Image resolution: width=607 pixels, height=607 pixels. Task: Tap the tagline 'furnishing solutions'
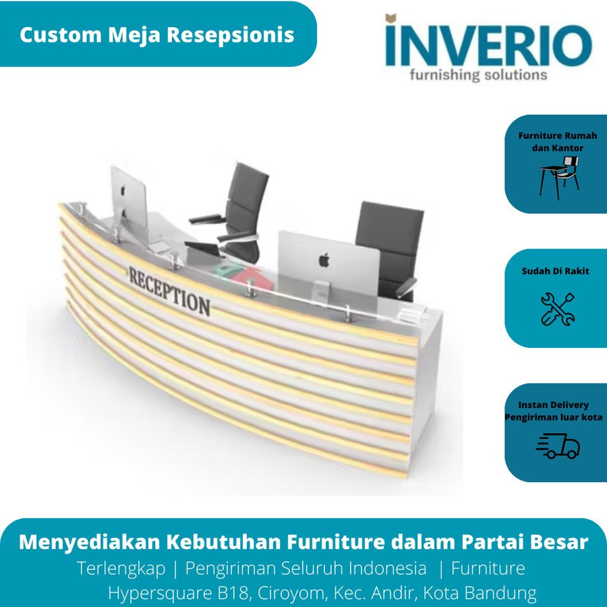[479, 74]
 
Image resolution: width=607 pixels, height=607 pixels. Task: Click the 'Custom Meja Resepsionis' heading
[156, 34]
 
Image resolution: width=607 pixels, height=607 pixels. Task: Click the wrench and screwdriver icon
[558, 309]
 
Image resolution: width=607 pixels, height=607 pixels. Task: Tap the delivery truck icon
[558, 445]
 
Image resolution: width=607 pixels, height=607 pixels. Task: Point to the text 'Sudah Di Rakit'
[556, 271]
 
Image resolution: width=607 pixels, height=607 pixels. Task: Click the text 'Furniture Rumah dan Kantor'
[557, 142]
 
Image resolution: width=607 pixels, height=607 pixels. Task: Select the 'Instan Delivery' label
[553, 405]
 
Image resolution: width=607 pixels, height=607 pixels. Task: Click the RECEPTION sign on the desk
[169, 290]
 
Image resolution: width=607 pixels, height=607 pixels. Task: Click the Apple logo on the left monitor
[124, 191]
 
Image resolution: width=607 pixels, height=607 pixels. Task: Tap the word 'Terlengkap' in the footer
[121, 569]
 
